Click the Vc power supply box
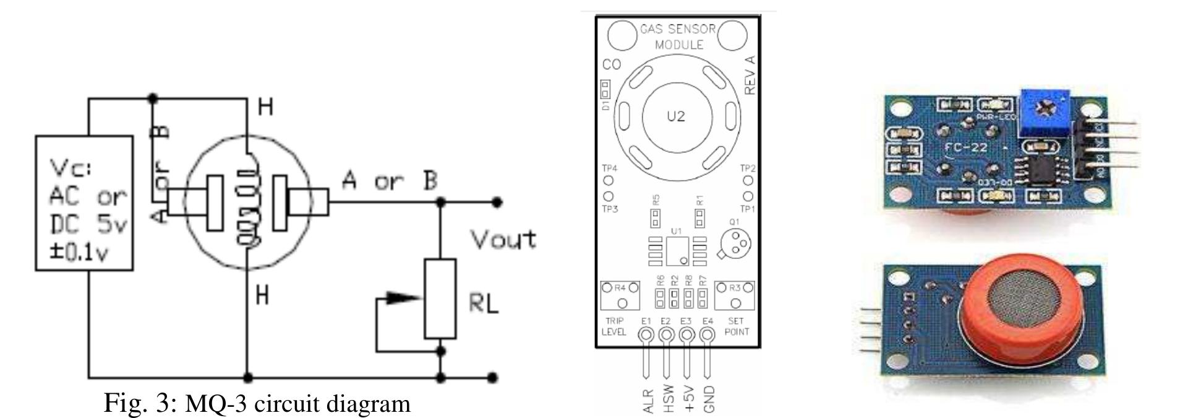tap(84, 203)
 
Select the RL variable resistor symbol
tap(440, 298)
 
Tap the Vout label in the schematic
tap(503, 239)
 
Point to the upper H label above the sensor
tap(265, 108)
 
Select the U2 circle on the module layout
tap(676, 116)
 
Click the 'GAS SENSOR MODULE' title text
tap(678, 37)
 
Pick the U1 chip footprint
tap(677, 250)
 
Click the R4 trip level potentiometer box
tap(620, 295)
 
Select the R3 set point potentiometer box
tap(734, 295)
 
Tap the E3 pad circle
tap(686, 335)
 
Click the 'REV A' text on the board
tap(750, 75)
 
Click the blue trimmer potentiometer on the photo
tap(1045, 113)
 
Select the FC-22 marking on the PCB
tap(967, 147)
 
